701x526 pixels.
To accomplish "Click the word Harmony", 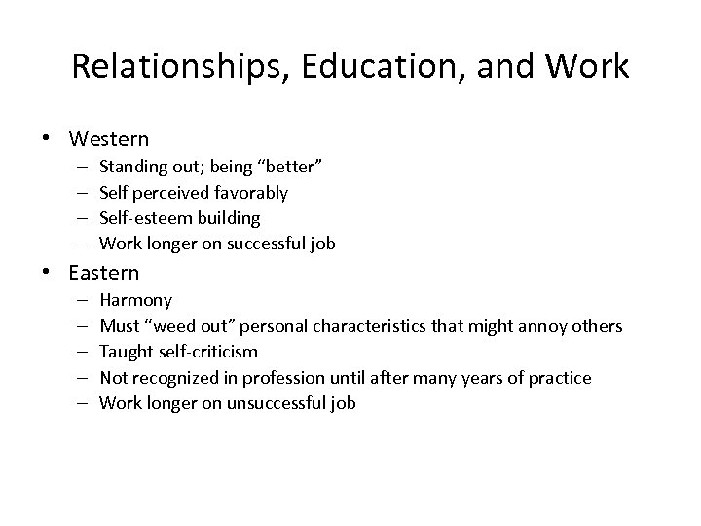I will [x=136, y=301].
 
